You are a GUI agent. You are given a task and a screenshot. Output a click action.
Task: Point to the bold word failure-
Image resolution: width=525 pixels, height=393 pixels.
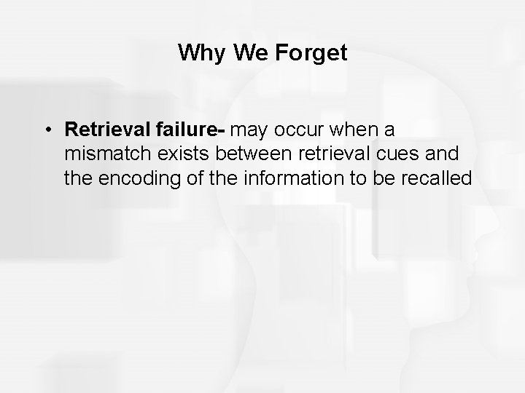191,130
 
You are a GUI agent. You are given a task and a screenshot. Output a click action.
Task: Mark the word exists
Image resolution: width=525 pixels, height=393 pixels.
177,154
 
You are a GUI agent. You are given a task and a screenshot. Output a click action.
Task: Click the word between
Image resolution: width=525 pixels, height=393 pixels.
244,154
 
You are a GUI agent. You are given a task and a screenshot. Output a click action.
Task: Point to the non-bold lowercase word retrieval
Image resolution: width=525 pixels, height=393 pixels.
322,154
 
